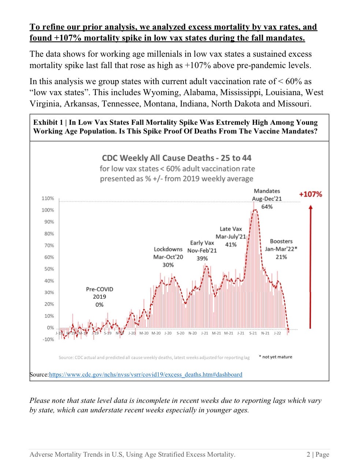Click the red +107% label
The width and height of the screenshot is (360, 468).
pyautogui.click(x=310, y=194)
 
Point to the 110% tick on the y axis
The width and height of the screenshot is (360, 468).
pyautogui.click(x=48, y=198)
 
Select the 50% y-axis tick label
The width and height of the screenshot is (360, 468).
pyautogui.click(x=49, y=269)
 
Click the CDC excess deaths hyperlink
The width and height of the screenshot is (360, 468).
pyautogui.click(x=145, y=374)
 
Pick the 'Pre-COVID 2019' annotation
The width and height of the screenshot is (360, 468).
pyautogui.click(x=99, y=293)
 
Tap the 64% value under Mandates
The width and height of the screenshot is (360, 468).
pyautogui.click(x=267, y=207)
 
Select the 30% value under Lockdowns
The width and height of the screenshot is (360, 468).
pyautogui.click(x=168, y=265)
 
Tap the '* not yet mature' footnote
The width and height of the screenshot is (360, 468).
pyautogui.click(x=275, y=357)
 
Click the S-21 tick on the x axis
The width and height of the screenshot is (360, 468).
pyautogui.click(x=253, y=333)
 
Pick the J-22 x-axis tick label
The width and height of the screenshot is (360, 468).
pyautogui.click(x=277, y=333)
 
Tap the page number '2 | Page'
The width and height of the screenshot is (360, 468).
pyautogui.click(x=318, y=454)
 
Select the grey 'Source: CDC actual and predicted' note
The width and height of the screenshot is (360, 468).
pyautogui.click(x=154, y=357)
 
